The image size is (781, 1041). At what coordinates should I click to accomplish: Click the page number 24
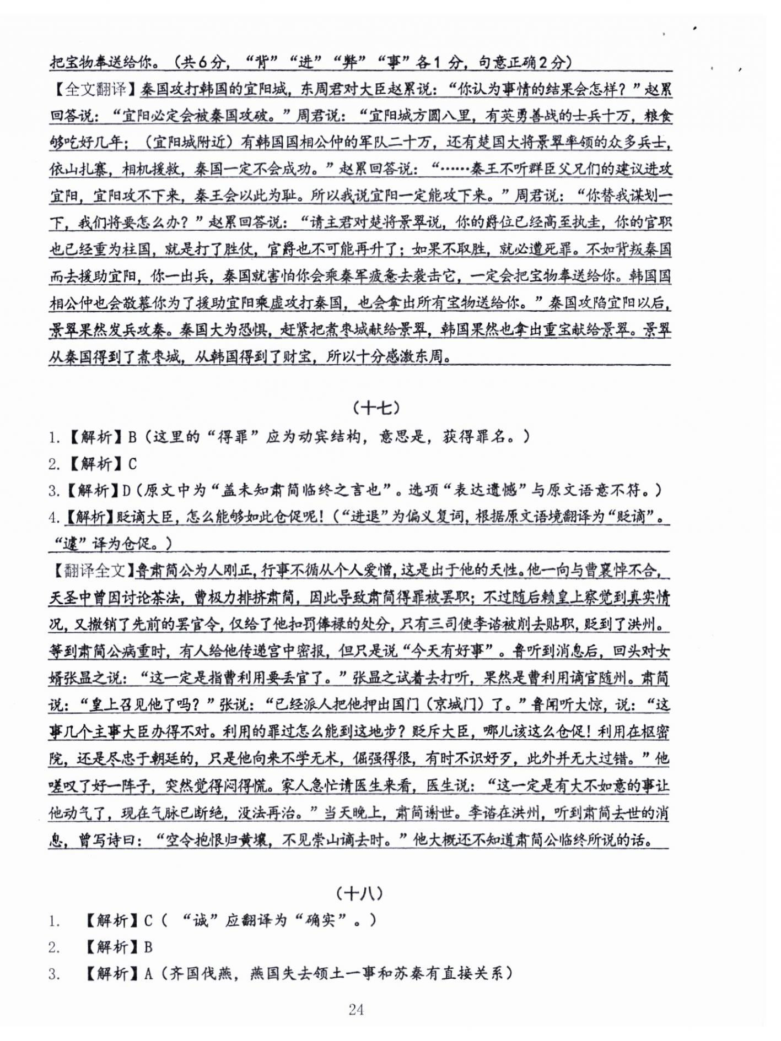[356, 1009]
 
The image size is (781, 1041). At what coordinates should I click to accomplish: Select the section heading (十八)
[359, 893]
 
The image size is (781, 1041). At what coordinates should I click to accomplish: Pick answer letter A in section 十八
[148, 974]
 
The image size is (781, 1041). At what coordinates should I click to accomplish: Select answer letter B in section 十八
[148, 947]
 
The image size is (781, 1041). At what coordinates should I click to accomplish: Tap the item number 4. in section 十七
[54, 517]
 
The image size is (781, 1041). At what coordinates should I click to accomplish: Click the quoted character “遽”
[68, 544]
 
